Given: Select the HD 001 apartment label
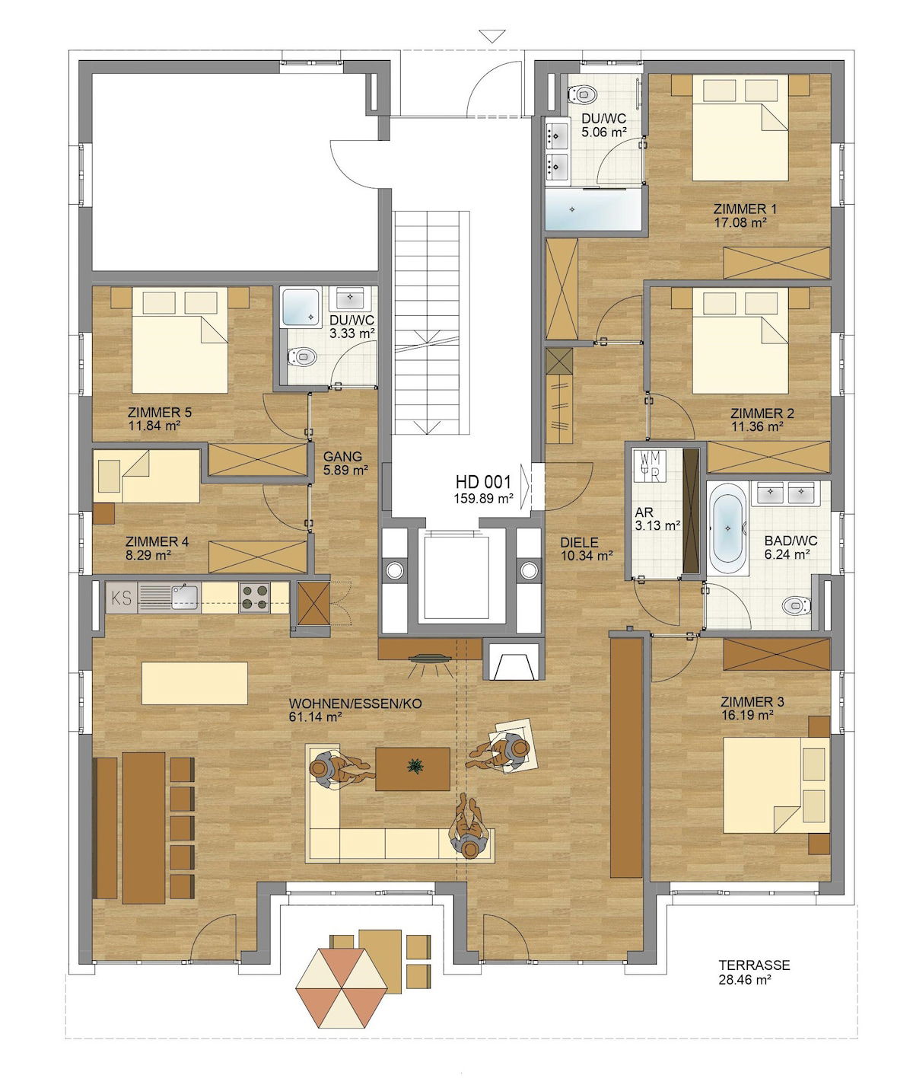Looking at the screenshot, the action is tap(483, 481).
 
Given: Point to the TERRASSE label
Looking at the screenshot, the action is tap(754, 965).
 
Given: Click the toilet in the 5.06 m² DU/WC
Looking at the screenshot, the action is tap(583, 95).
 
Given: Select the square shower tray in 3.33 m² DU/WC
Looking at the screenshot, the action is tap(301, 308).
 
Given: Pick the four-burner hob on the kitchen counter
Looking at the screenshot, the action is tap(255, 597).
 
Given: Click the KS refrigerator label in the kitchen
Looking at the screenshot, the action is tap(121, 598).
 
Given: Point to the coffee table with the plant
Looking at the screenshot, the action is tap(412, 768).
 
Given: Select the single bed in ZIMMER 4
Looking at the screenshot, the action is tap(146, 476).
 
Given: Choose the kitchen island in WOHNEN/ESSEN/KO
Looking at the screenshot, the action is tap(194, 683).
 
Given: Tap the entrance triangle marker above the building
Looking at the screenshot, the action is tap(492, 36).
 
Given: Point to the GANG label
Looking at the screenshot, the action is tap(342, 457).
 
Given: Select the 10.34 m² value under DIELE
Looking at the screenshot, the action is tap(587, 556).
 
